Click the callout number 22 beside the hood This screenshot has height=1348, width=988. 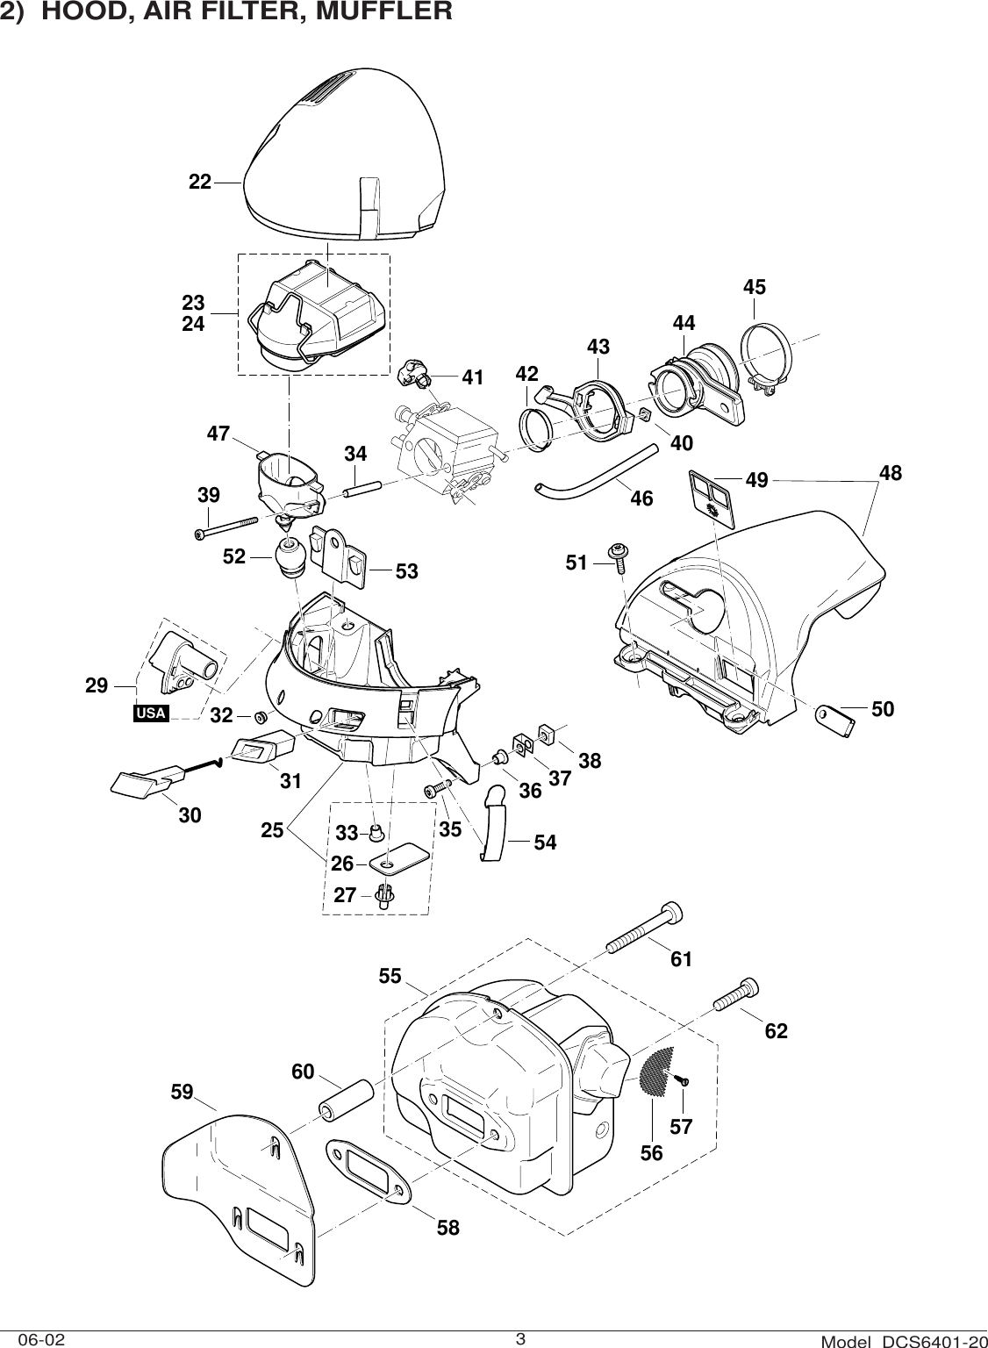pos(200,182)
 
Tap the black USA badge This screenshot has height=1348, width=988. pos(150,713)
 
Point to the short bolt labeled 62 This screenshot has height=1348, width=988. pos(736,996)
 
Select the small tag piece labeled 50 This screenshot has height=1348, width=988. pos(840,720)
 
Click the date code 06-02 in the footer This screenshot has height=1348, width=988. pos(40,1339)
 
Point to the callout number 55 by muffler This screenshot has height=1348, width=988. pos(390,974)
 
